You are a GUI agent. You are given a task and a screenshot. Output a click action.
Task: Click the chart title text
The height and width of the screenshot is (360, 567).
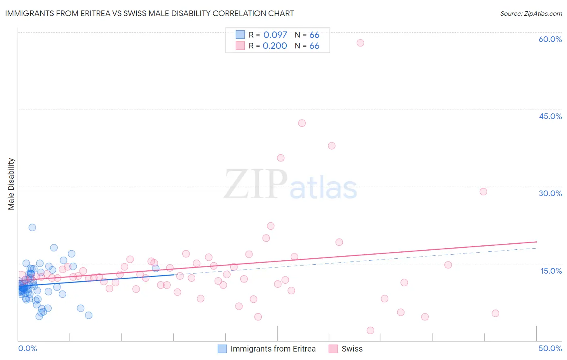pos(149,13)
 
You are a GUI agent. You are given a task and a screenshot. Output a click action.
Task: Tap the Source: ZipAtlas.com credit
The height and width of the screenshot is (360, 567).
pos(531,13)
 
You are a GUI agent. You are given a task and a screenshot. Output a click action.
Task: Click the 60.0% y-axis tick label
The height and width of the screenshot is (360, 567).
pos(550,39)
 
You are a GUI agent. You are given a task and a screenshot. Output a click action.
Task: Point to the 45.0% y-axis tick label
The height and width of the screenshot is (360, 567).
pos(550,116)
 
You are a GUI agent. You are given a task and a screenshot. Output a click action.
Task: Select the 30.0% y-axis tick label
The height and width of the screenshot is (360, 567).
pos(550,193)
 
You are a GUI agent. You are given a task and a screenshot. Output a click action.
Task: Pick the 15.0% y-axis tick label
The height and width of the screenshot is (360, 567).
pos(551,271)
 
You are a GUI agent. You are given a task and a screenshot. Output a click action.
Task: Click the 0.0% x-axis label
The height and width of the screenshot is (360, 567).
pos(27,348)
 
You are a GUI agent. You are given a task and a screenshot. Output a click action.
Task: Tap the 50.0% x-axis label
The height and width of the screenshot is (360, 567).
pos(550,348)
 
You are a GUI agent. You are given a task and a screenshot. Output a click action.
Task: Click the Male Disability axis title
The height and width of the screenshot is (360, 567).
pos(11,184)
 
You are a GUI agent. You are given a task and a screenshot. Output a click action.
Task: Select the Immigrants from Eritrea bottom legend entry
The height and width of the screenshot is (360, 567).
pos(273,349)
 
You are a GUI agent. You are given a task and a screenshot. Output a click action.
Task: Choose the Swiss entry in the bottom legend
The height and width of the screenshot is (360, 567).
pos(352,349)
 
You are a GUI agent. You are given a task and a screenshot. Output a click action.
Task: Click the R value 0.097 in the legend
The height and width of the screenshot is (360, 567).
pos(275,35)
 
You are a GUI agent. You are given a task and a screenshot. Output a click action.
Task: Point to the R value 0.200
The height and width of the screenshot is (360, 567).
pos(275,46)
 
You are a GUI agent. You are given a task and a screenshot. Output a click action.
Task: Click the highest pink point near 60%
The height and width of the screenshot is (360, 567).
pos(361,43)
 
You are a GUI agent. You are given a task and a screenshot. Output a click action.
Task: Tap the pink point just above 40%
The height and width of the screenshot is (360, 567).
pos(302,123)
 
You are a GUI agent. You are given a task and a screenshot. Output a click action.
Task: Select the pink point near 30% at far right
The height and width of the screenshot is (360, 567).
pos(484,192)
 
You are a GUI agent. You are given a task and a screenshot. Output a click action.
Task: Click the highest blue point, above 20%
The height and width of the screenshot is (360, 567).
pos(32,227)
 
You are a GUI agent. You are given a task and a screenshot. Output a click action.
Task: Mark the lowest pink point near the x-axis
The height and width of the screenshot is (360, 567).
pos(371,331)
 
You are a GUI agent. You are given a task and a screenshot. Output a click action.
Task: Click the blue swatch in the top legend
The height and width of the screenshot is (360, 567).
pos(240,35)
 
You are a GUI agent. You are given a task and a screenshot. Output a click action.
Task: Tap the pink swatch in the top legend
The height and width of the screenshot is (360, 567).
pos(240,46)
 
